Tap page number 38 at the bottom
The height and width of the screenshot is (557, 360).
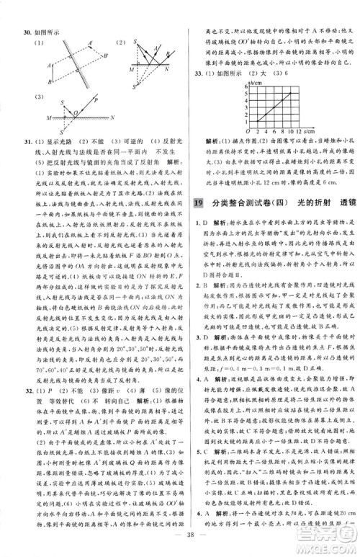click(179, 535)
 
